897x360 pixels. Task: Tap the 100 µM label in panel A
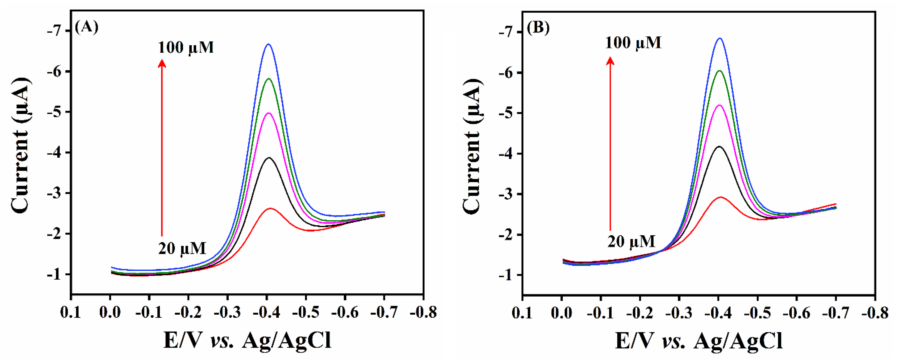pos(186,48)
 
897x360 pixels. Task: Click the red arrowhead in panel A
pos(162,63)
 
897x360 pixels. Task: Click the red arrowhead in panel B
pos(610,61)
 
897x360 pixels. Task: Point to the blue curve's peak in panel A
pos(268,44)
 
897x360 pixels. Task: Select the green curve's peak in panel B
pos(719,71)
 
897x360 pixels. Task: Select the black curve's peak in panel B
pos(719,147)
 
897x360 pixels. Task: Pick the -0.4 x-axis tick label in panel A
pos(267,312)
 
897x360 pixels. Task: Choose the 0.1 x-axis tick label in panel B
pos(522,313)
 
